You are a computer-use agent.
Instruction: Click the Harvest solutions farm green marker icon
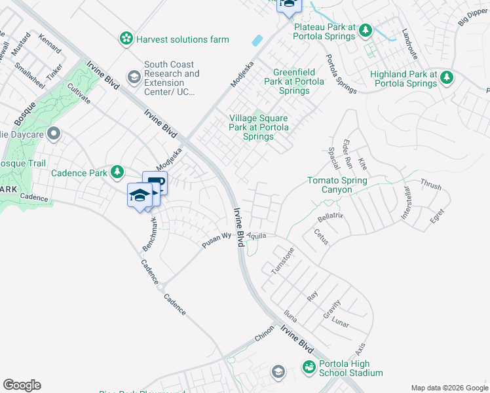point(125,39)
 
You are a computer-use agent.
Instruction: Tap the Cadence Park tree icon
point(117,172)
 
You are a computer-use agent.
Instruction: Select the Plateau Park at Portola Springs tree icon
point(366,30)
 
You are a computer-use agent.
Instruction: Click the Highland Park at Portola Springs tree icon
point(447,79)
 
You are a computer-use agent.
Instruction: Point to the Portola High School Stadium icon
point(309,368)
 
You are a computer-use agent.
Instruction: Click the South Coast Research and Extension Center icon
point(134,79)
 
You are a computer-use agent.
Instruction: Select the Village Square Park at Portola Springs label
point(258,127)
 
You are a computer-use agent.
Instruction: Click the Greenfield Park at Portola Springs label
point(295,81)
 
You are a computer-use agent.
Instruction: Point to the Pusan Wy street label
point(217,240)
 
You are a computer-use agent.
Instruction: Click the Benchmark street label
point(151,235)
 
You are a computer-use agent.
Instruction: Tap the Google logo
point(22,385)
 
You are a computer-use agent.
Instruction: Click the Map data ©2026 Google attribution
point(449,388)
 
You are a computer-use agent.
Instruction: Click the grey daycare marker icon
point(54,135)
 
